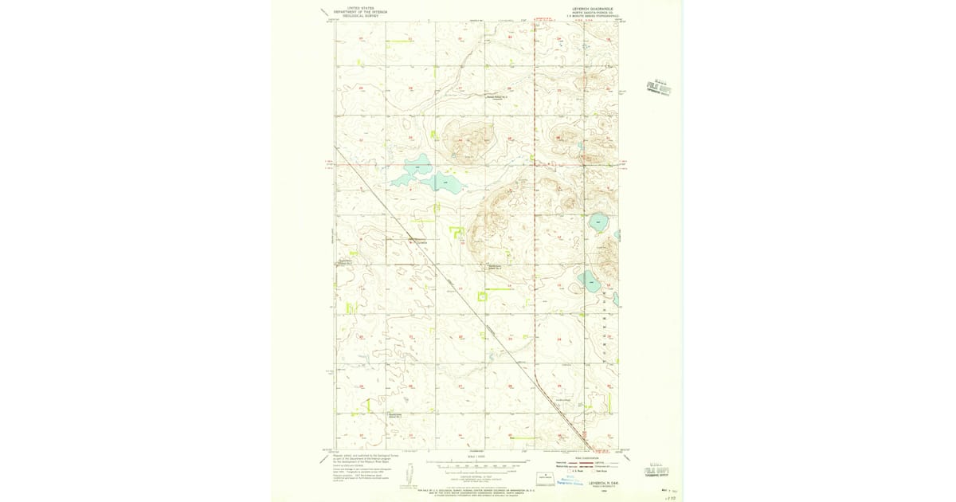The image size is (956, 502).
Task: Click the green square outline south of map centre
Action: pos(482,297)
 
